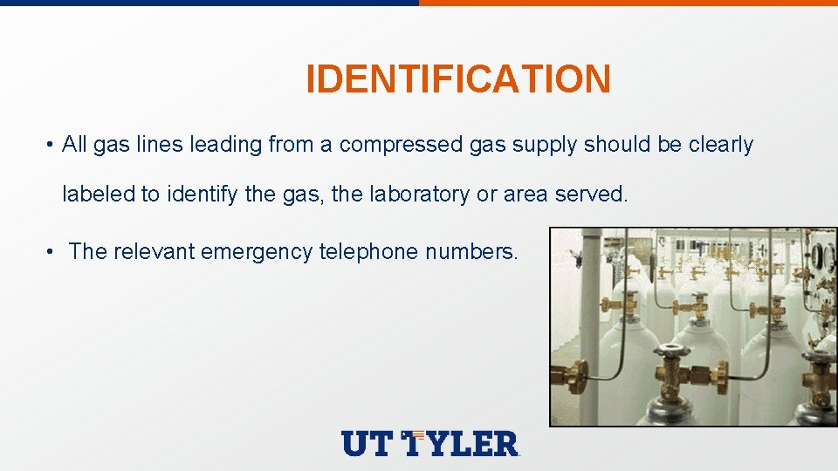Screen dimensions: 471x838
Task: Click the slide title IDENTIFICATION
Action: pos(457,79)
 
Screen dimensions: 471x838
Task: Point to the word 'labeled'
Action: pos(93,195)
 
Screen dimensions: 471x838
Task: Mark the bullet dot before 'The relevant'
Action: pos(52,253)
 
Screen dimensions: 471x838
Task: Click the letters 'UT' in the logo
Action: pos(367,443)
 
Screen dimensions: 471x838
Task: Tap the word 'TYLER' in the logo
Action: pos(463,443)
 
